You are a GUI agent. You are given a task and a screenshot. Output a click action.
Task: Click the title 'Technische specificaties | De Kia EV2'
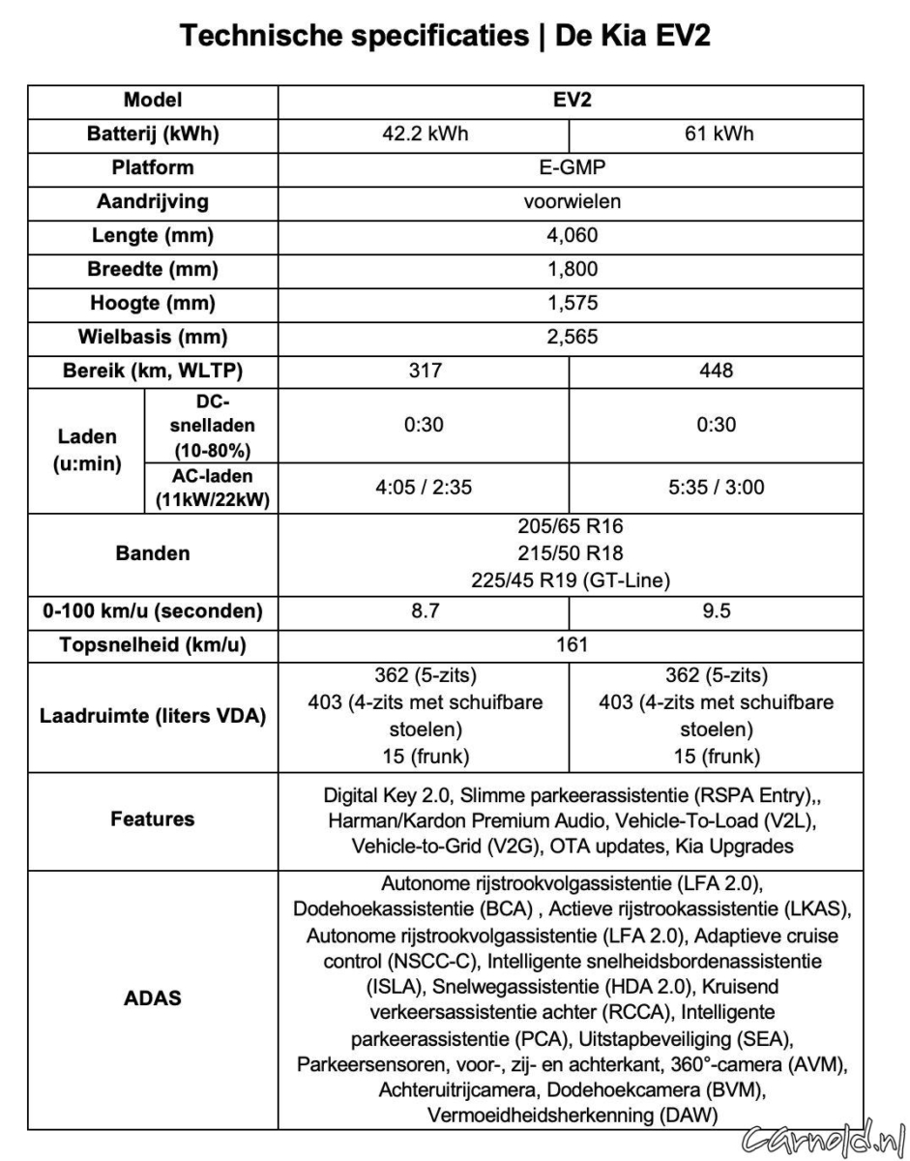point(455,40)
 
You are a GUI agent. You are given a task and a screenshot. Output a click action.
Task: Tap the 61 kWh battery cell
point(716,134)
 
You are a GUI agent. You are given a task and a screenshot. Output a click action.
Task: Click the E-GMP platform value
point(570,167)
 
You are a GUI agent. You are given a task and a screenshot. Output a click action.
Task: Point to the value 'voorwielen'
point(570,202)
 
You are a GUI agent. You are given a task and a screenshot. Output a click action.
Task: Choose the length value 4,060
point(570,235)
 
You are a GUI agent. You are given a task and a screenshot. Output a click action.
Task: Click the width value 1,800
point(570,269)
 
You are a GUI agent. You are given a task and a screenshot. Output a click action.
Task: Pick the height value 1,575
point(570,303)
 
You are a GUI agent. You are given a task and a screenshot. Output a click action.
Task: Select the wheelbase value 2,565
point(570,337)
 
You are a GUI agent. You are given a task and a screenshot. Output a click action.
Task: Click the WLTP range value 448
point(716,371)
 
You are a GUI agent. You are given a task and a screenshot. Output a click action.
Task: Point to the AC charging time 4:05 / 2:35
point(423,487)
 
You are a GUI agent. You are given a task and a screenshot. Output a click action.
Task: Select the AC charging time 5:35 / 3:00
point(716,487)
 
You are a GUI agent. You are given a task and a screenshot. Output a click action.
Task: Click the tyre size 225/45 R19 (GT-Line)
point(570,580)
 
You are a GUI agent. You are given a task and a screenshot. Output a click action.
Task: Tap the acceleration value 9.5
point(716,611)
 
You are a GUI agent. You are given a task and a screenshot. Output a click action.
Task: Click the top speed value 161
point(570,645)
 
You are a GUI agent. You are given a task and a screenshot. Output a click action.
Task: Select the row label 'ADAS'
point(154,998)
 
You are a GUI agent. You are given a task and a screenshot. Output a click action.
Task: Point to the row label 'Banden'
point(152,554)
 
